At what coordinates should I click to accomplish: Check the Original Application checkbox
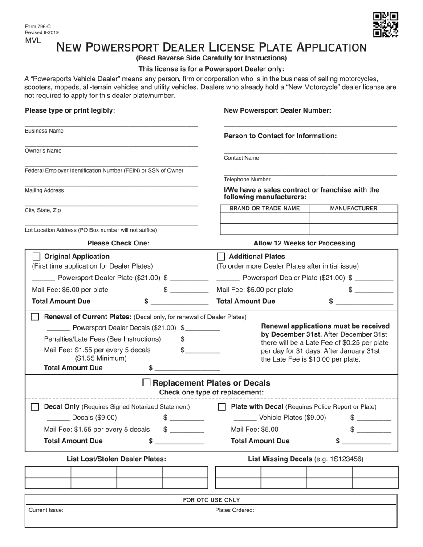[x=37, y=257]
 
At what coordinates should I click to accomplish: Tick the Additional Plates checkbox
[x=221, y=257]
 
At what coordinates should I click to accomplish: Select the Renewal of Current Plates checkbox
[x=35, y=317]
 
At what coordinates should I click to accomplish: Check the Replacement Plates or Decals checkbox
[x=146, y=383]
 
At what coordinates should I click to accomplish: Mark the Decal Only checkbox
[x=35, y=407]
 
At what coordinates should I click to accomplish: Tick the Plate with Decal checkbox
[x=222, y=407]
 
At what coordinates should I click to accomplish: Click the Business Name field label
[x=44, y=131]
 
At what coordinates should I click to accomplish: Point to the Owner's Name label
[x=43, y=151]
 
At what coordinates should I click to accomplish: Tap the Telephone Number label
[x=247, y=180]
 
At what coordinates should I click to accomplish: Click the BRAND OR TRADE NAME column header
[x=264, y=209]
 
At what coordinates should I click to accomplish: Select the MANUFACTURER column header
[x=354, y=209]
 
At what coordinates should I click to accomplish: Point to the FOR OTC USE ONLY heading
[x=211, y=500]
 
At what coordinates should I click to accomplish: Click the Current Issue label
[x=46, y=511]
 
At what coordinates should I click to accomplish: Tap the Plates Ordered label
[x=235, y=511]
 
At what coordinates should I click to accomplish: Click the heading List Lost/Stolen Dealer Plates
[x=116, y=459]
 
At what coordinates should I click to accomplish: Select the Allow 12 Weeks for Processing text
[x=305, y=243]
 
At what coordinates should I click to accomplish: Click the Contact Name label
[x=241, y=158]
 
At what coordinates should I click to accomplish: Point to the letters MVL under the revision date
[x=33, y=40]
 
